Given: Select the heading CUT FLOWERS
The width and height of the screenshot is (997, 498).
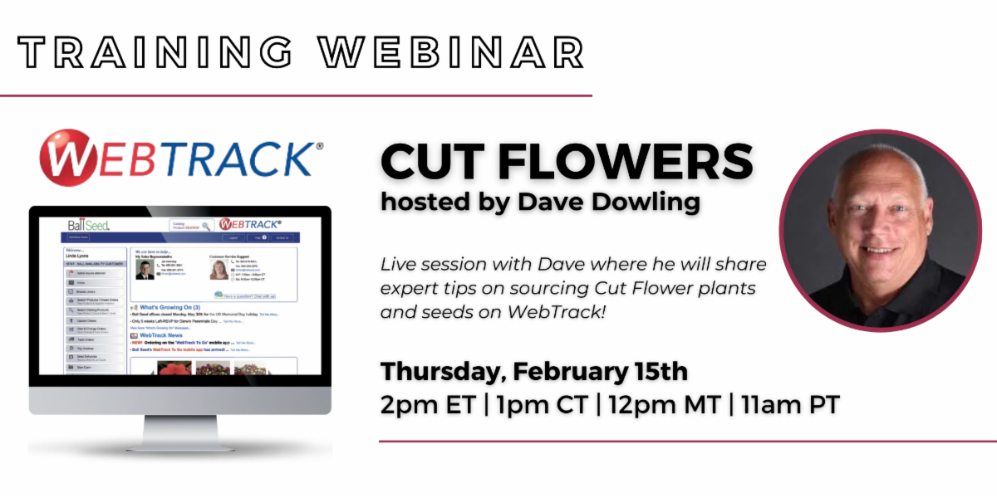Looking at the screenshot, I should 567,161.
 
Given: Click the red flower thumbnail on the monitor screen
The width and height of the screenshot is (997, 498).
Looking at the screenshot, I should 174,367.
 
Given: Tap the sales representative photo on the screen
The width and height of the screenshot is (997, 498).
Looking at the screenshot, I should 145,270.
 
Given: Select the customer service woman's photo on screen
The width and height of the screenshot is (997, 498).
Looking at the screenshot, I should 219,270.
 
